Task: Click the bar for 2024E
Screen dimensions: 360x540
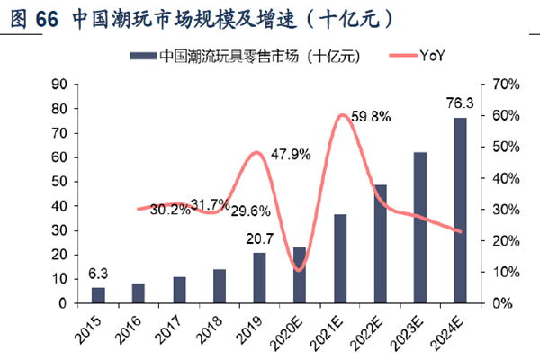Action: (x=460, y=211)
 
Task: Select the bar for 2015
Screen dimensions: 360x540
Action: (x=98, y=295)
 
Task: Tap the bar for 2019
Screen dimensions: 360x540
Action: (x=259, y=278)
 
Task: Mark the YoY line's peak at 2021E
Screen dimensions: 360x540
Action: (x=342, y=115)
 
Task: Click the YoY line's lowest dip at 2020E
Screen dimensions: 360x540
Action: (x=299, y=270)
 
